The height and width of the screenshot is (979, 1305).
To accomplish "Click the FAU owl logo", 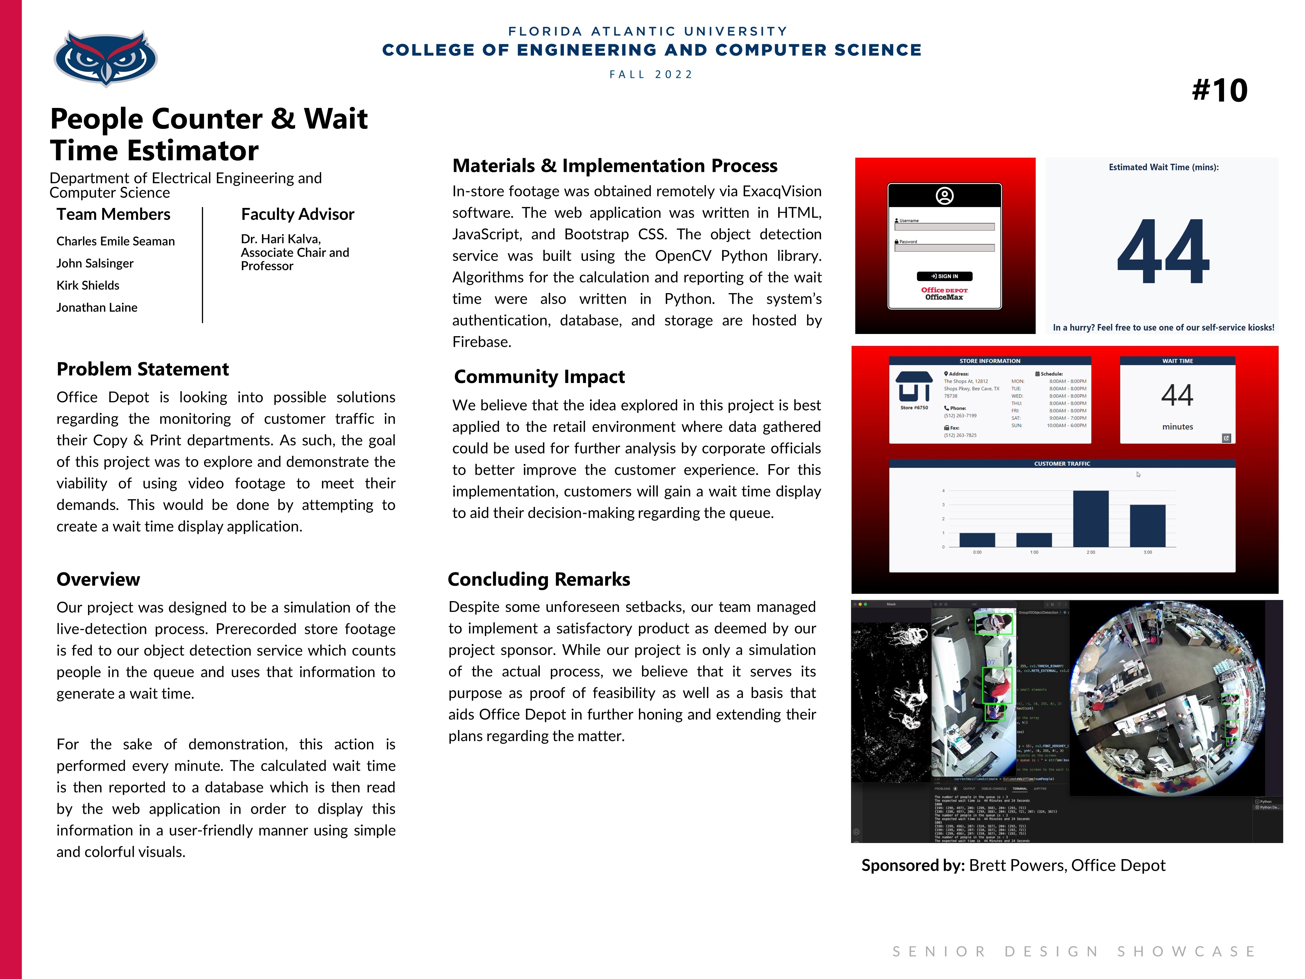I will coord(105,58).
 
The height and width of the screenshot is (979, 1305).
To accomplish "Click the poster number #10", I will coord(1219,90).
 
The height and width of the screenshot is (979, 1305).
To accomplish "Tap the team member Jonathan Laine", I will coord(97,307).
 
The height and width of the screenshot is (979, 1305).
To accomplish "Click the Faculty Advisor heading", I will coord(297,214).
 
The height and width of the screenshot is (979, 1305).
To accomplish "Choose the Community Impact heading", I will coord(539,376).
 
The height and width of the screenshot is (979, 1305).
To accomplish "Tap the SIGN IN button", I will coord(944,276).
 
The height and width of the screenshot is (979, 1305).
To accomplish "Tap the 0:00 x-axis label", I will coord(977,552).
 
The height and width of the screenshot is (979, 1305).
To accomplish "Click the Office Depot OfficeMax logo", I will coord(944,293).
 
